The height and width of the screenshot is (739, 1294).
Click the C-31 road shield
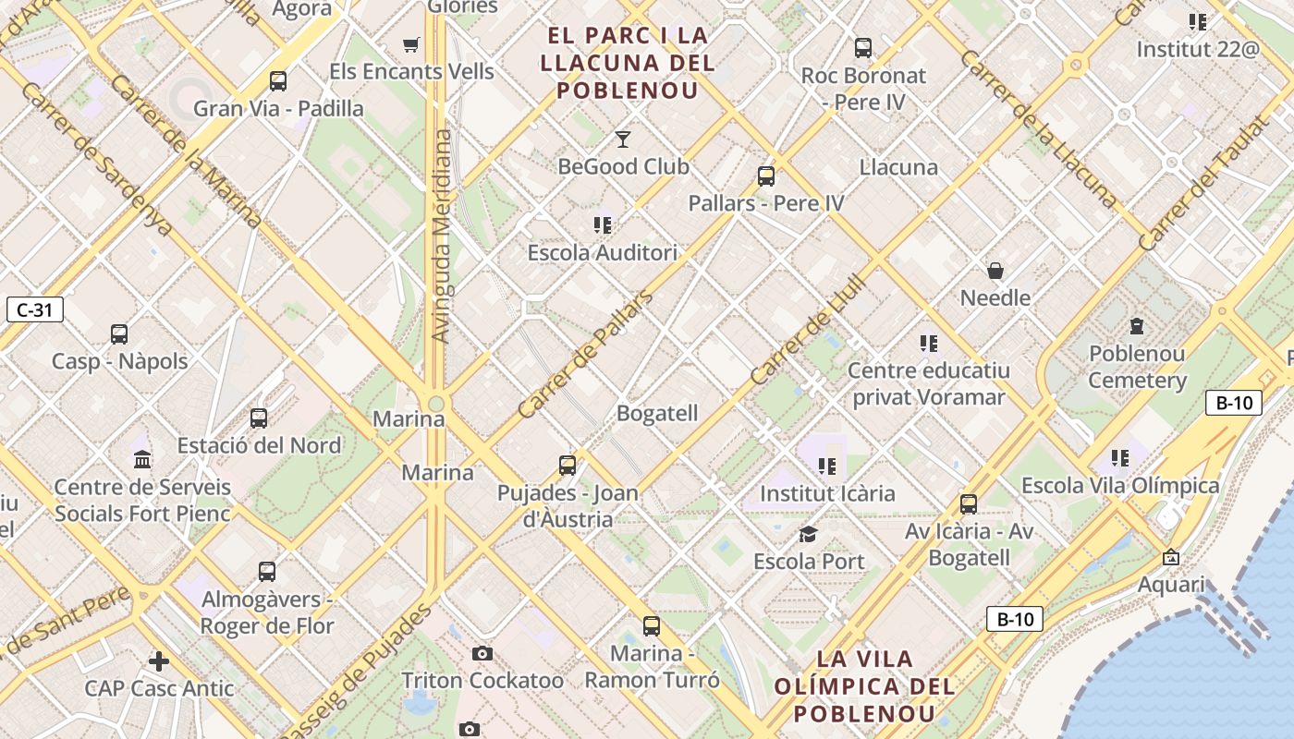(35, 309)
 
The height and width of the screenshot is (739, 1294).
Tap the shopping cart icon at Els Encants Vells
(411, 44)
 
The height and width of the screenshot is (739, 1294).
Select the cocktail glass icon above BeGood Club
(623, 139)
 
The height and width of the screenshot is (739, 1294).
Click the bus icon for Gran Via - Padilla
(278, 81)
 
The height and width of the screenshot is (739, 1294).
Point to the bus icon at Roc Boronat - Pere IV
(863, 48)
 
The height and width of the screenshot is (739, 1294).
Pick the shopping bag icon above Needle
(995, 271)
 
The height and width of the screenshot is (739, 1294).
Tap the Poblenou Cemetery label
(1137, 367)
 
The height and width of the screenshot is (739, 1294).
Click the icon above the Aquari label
(1171, 557)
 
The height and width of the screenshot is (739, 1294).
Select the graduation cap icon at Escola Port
(809, 535)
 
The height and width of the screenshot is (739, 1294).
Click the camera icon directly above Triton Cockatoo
(482, 654)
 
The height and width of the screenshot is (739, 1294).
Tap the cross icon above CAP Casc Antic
(159, 661)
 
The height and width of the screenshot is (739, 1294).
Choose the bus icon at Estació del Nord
(259, 418)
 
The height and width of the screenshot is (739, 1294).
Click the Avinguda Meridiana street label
(443, 236)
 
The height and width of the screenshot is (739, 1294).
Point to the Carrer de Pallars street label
(585, 355)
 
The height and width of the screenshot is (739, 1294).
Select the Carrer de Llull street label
(807, 330)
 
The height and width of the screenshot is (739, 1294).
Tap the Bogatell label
(657, 413)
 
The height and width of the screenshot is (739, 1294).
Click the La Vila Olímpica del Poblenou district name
(864, 686)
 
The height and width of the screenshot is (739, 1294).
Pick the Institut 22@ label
(1198, 49)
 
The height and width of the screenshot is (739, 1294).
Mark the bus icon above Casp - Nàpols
(119, 334)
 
